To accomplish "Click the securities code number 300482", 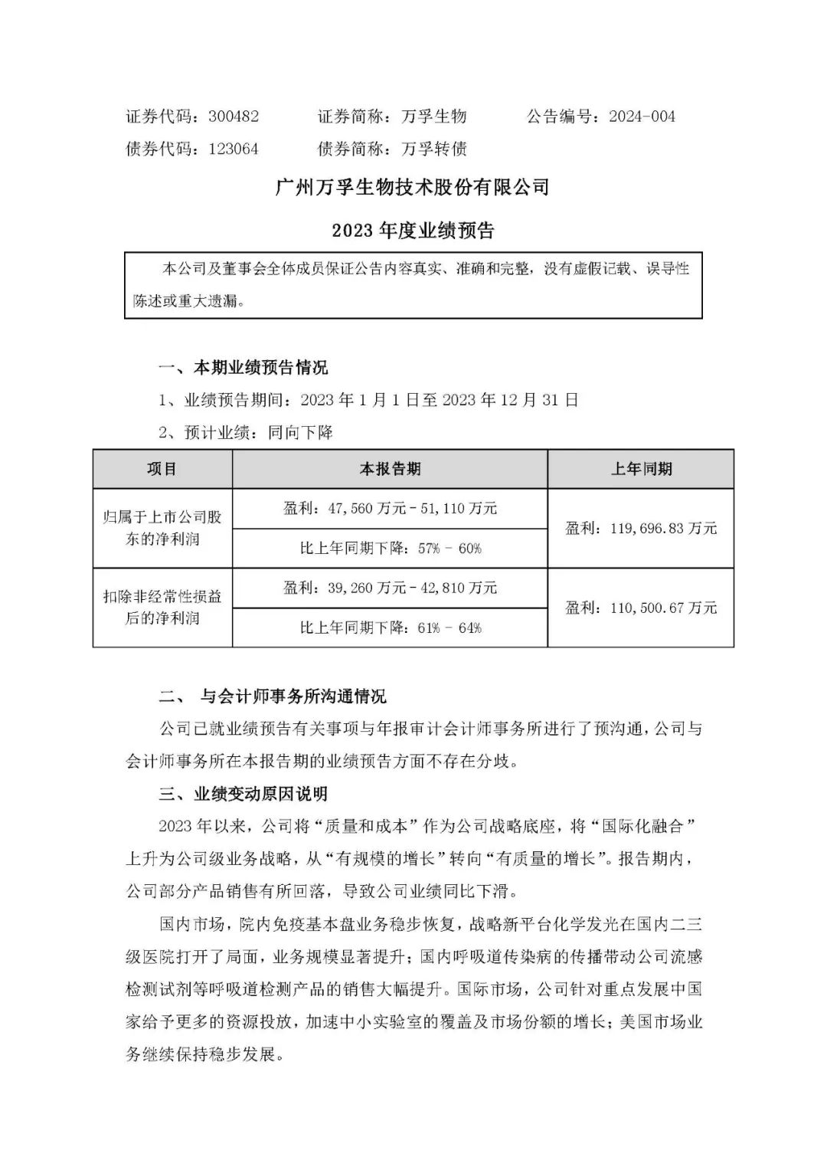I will coord(234,116).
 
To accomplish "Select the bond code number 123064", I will coord(234,149).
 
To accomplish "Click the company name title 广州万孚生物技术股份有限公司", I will coord(413,187).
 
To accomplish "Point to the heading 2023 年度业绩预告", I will coord(413,230).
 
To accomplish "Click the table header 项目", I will coord(162,469).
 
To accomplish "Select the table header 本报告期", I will coord(390,469).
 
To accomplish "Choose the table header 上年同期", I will coord(641,469).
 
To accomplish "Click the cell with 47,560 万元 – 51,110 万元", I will coord(390,508).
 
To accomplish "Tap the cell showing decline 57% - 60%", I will coord(390,549).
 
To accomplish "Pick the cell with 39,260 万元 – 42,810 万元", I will coord(390,588).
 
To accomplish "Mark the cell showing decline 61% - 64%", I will coord(390,628).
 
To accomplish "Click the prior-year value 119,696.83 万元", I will coord(641,528).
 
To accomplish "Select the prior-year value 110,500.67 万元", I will coord(641,608).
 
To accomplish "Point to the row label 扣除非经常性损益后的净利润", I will coord(162,607).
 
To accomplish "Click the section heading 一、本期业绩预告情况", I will coord(243,368).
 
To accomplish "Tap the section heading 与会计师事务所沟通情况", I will coord(293,696).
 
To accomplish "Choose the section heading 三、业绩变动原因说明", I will coord(243,794).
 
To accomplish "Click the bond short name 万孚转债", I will coord(434,149).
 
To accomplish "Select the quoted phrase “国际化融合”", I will coord(644,827).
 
